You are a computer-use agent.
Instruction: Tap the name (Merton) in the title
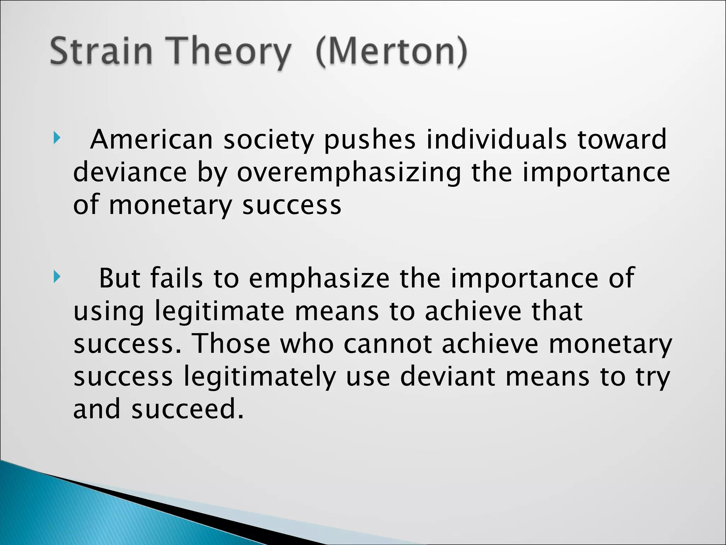[391, 52]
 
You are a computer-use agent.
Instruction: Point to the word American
[151, 139]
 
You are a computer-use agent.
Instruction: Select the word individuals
[496, 139]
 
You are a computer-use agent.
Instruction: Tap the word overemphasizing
[349, 173]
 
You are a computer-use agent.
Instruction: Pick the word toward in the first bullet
[622, 139]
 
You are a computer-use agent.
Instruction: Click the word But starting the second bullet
[119, 278]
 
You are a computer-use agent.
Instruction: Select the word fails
[177, 278]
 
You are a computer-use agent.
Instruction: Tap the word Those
[231, 344]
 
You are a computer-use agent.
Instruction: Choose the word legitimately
[259, 377]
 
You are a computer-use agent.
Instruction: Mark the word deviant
[447, 376]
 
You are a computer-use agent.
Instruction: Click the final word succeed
[188, 409]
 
